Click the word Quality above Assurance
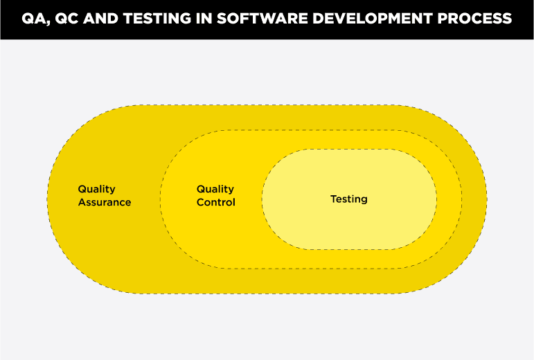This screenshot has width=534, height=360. click(96, 189)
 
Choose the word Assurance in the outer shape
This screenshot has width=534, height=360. click(104, 202)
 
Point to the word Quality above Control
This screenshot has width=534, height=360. click(215, 189)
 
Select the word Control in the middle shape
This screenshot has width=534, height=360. click(215, 202)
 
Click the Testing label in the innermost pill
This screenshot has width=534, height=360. click(348, 199)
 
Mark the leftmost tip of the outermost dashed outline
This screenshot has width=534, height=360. click(48, 199)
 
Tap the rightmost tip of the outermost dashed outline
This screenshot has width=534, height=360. click(486, 199)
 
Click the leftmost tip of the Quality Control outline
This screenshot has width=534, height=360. click(160, 199)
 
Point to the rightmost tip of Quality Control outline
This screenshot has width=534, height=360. click(462, 199)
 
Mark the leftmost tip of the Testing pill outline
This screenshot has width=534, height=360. click(262, 199)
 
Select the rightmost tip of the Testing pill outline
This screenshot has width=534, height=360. click(437, 199)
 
